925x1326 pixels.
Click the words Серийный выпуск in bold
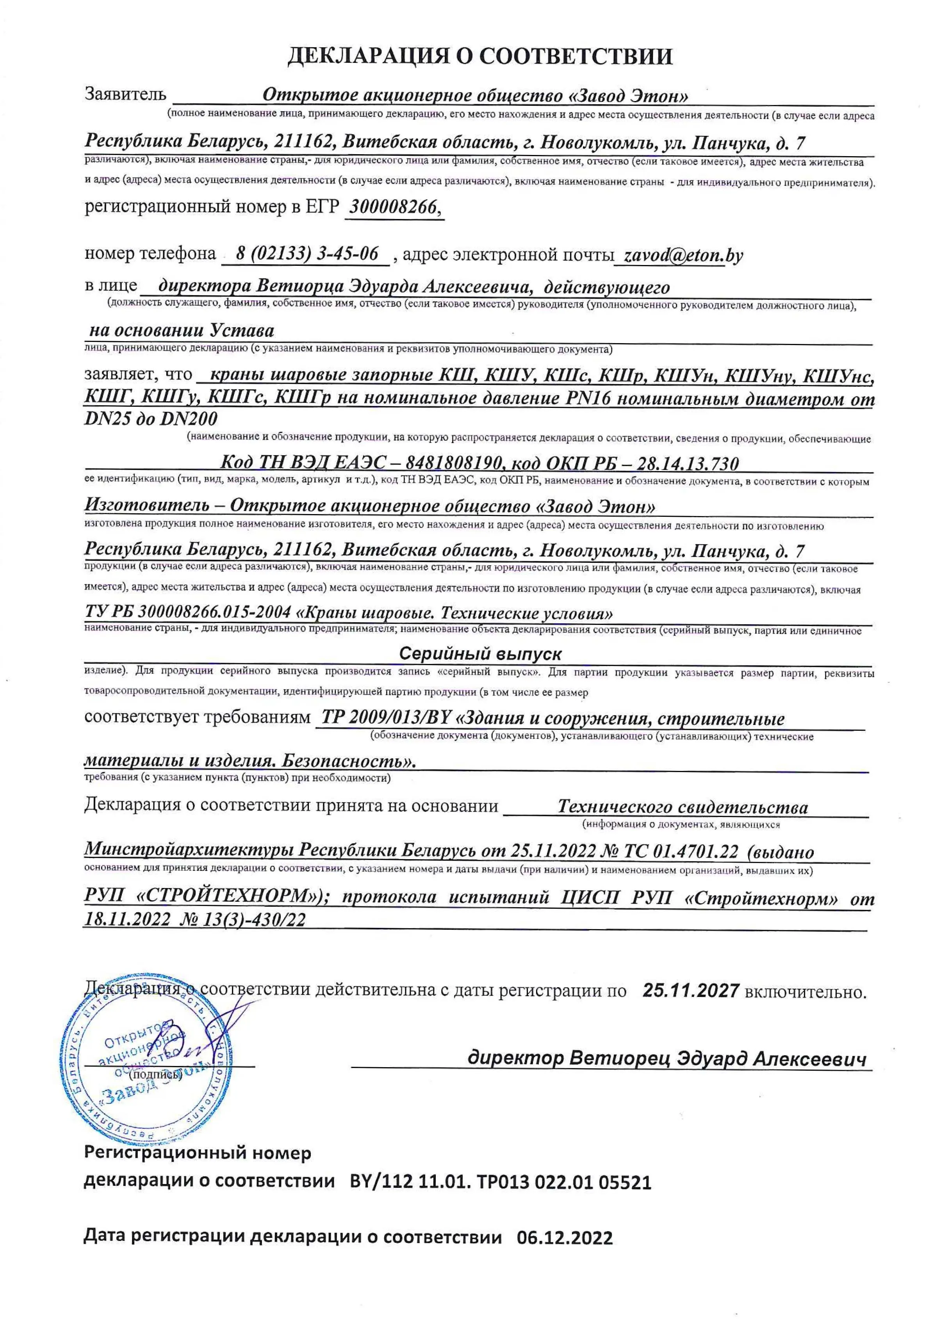[x=480, y=654]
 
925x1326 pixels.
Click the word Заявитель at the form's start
[x=125, y=94]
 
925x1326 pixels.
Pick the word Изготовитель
[x=147, y=505]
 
